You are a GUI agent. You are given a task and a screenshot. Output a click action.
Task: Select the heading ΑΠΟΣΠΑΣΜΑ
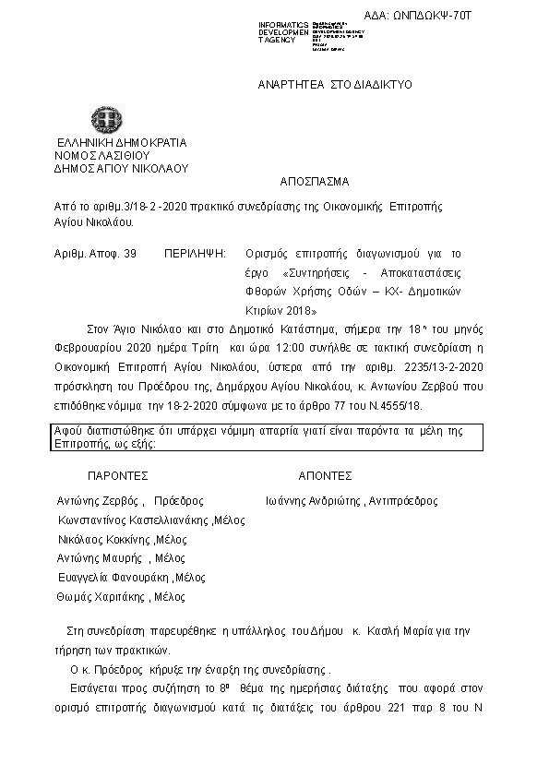(x=314, y=182)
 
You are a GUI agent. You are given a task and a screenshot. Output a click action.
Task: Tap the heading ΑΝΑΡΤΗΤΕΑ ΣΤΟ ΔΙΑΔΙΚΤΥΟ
(x=335, y=84)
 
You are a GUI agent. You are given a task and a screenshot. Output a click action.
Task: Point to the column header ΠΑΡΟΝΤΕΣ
(x=117, y=476)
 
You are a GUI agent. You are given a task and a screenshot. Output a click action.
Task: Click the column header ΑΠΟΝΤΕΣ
(x=325, y=476)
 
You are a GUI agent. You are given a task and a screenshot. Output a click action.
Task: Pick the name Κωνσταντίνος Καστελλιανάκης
(x=133, y=520)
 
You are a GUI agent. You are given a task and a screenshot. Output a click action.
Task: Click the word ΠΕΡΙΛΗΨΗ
(x=195, y=252)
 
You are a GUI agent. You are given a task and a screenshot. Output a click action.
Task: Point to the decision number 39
(x=129, y=252)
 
